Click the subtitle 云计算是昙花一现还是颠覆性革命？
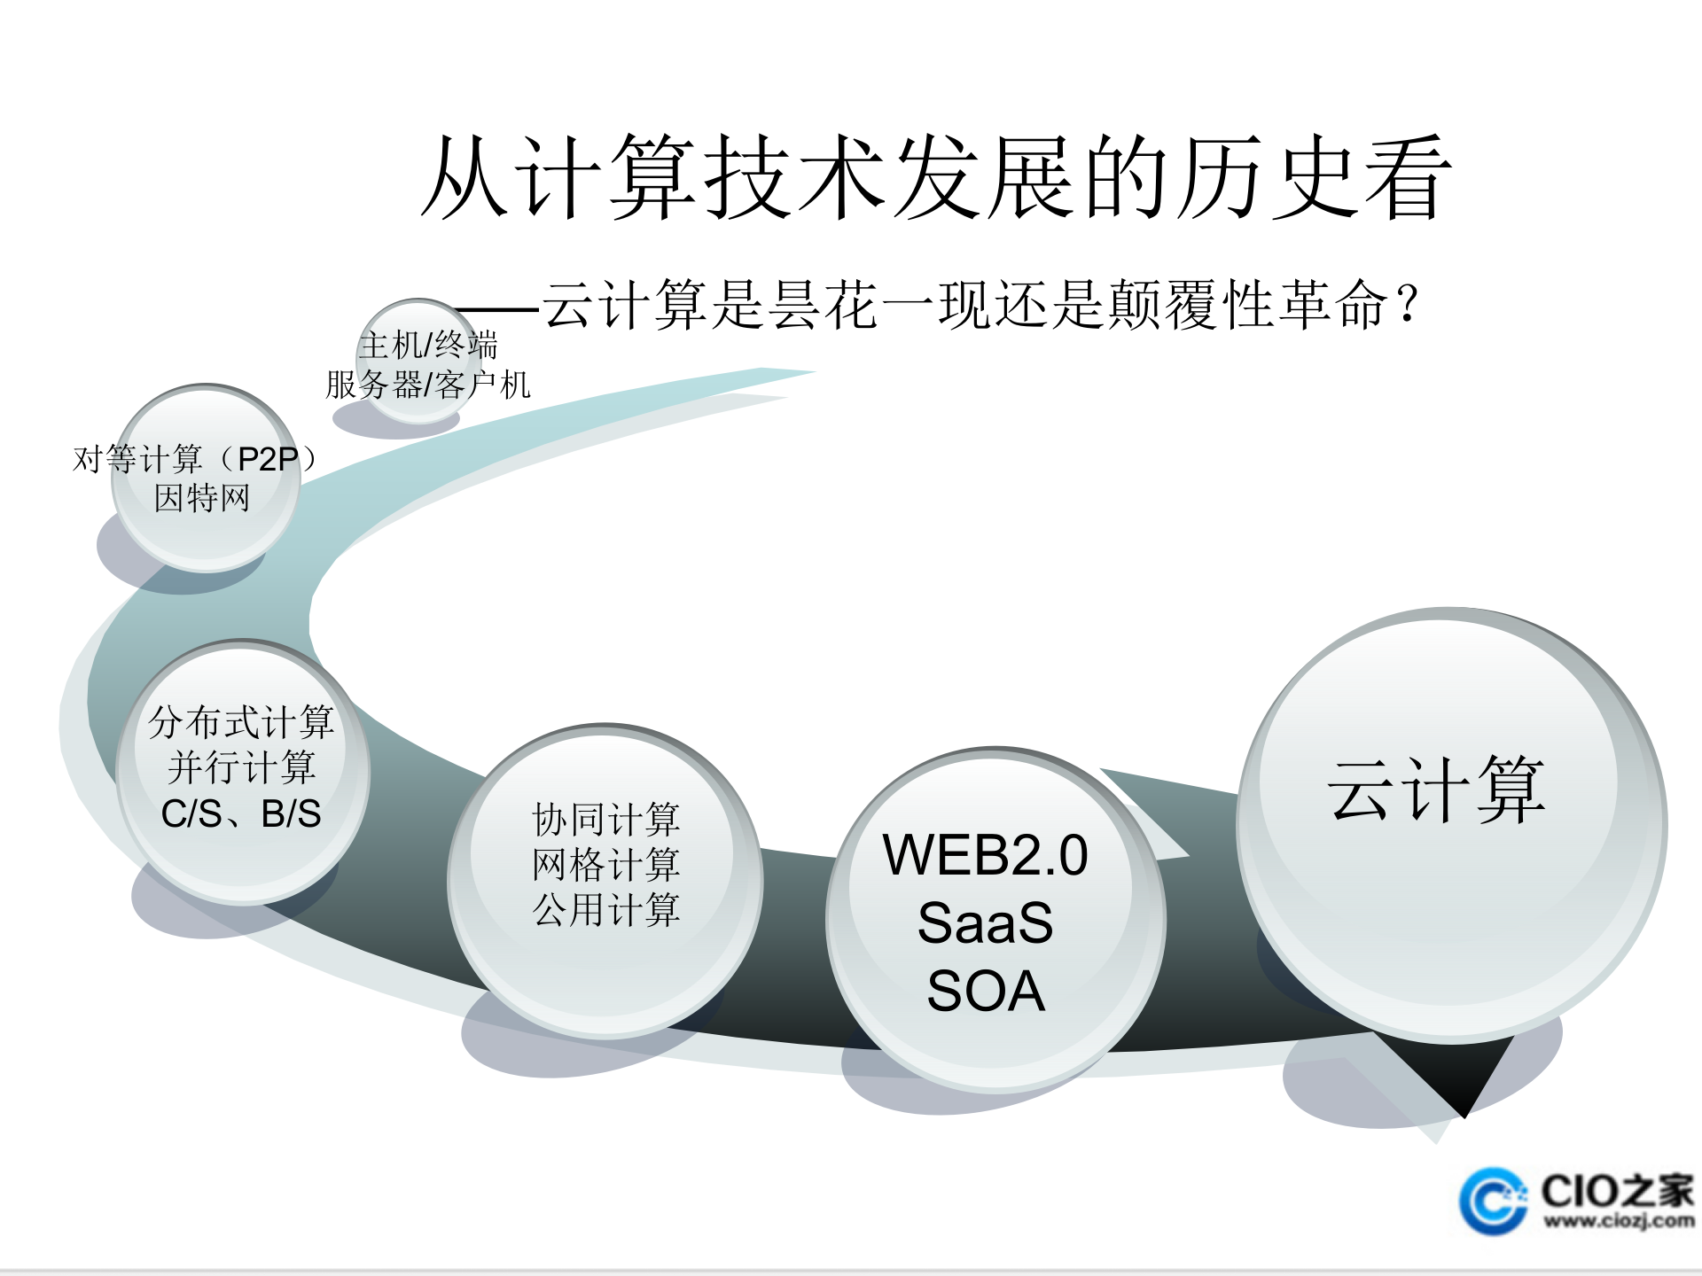click(x=980, y=305)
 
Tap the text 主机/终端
click(x=429, y=345)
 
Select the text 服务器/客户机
click(x=428, y=385)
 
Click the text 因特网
click(x=202, y=498)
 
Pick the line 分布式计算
click(x=241, y=722)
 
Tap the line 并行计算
click(x=241, y=767)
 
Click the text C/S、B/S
click(x=241, y=813)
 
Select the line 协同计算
click(x=606, y=820)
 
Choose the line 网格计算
click(x=606, y=865)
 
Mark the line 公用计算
click(x=606, y=910)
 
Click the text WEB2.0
click(x=985, y=855)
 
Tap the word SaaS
click(x=985, y=922)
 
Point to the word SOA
click(x=985, y=990)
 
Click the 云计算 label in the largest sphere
click(x=1436, y=790)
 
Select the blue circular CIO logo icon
click(x=1493, y=1202)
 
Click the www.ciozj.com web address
click(x=1619, y=1221)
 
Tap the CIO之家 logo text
click(x=1618, y=1190)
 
